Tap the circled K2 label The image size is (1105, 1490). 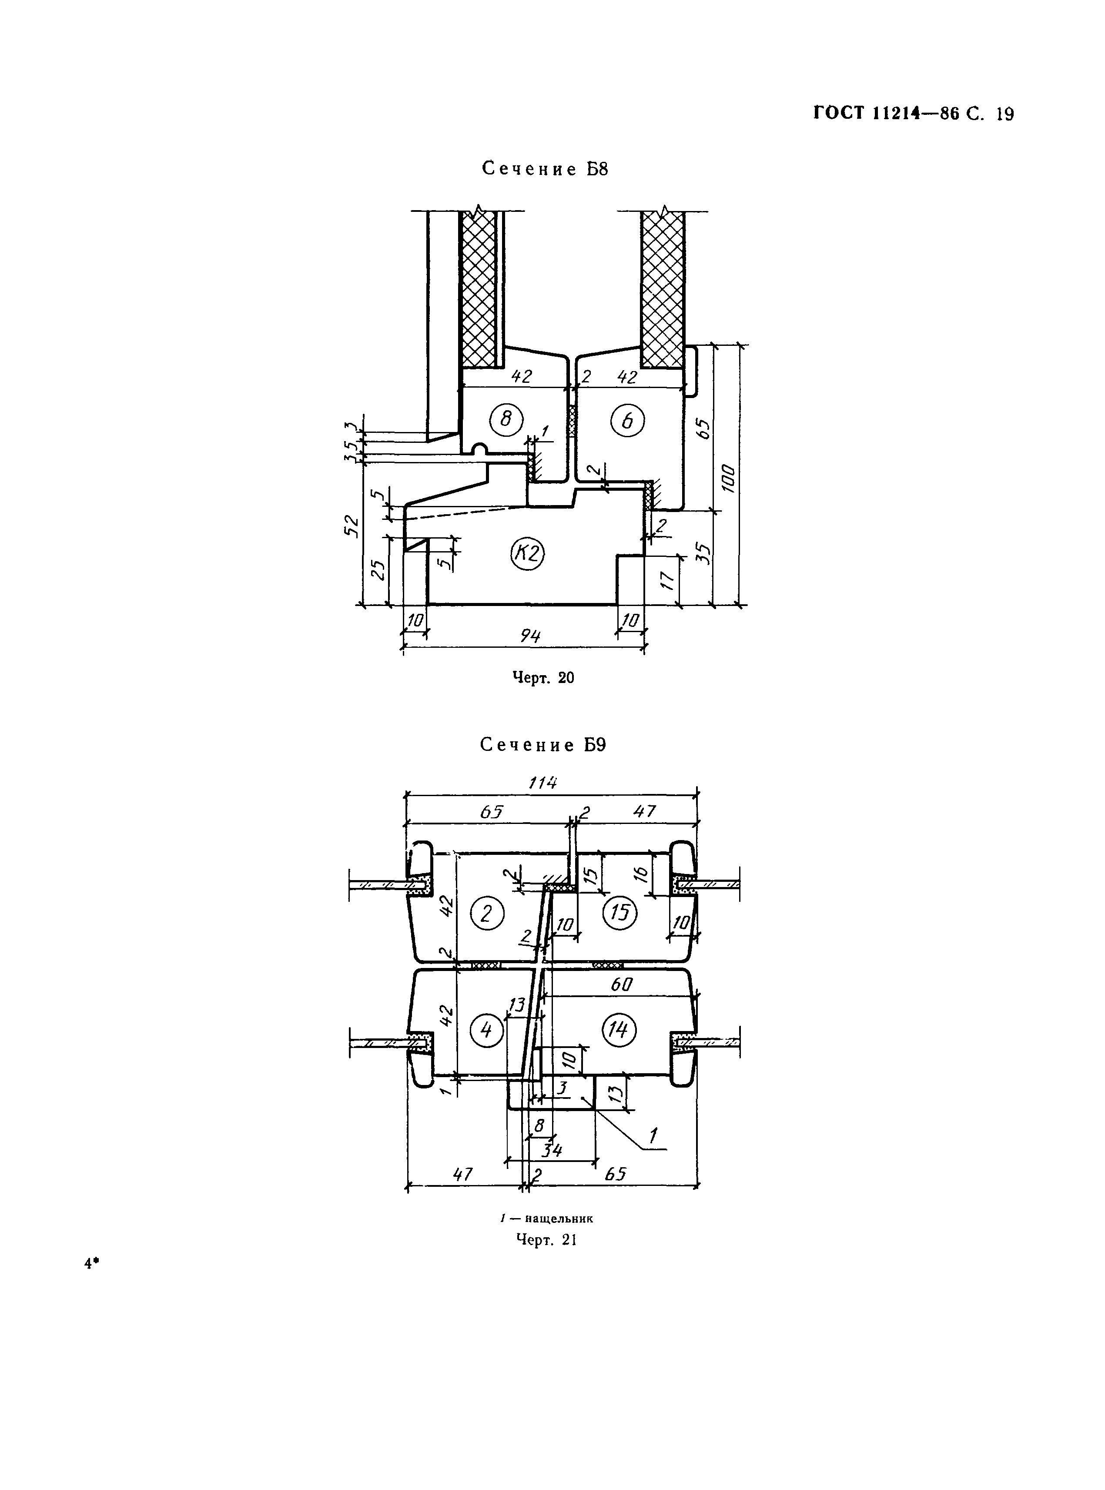pos(528,554)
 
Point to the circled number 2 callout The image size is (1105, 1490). pos(487,913)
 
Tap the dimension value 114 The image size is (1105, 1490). pos(542,783)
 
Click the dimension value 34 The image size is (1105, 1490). pos(552,1150)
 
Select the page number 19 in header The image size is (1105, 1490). pos(1005,114)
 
